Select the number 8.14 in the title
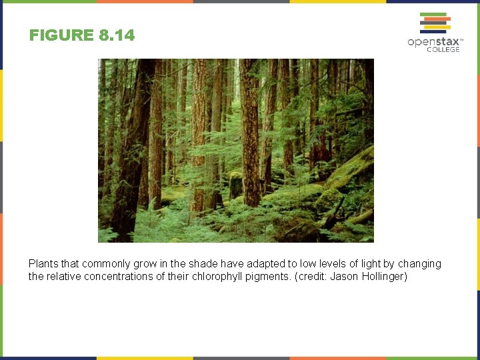point(117,35)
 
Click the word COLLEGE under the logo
point(443,50)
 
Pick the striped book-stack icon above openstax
point(435,23)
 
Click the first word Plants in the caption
point(43,264)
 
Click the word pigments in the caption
point(271,277)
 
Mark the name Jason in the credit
point(343,277)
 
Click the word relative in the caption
point(63,277)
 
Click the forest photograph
point(235,150)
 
